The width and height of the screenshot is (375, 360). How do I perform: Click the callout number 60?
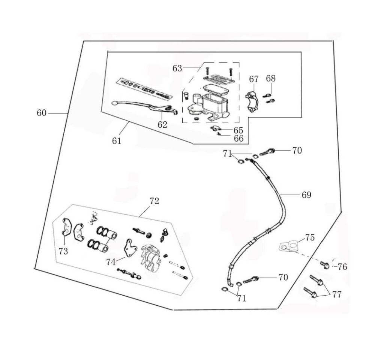(x=42, y=113)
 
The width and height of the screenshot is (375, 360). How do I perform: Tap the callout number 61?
(x=117, y=141)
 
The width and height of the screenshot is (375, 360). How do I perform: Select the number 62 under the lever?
(x=162, y=125)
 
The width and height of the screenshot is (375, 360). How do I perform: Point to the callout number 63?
(x=177, y=68)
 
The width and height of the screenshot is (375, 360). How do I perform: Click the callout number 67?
(x=254, y=79)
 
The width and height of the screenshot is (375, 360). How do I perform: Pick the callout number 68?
(x=271, y=78)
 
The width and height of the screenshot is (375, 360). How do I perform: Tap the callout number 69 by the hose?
(x=306, y=195)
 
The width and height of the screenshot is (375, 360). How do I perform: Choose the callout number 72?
(x=154, y=201)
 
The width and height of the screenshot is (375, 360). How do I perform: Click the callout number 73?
(x=63, y=251)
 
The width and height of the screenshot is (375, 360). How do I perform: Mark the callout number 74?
(x=111, y=262)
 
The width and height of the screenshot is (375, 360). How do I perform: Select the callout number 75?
(x=310, y=238)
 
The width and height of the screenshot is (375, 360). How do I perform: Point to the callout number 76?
(x=342, y=267)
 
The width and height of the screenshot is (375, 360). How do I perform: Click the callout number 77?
(x=337, y=294)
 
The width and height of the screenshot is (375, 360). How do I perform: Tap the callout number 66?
(x=238, y=138)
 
